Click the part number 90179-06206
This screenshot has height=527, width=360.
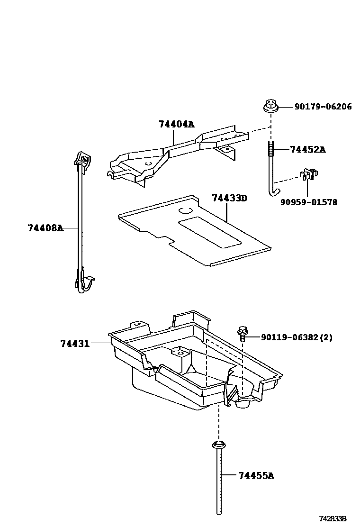click(323, 107)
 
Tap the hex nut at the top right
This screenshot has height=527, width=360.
click(270, 106)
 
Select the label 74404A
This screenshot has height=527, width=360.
click(176, 124)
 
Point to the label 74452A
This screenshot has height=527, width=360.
click(307, 149)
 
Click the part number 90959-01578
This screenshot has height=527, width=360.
click(309, 202)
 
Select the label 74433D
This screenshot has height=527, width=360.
click(229, 198)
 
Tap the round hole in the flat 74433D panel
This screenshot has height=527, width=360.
click(185, 210)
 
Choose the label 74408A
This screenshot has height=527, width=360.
click(45, 227)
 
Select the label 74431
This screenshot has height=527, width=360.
click(75, 343)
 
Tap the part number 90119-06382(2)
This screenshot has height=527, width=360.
click(297, 337)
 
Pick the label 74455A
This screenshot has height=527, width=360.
click(256, 475)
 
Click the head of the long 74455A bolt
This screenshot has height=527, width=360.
click(219, 445)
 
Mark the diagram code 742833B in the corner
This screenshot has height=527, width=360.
click(333, 519)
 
